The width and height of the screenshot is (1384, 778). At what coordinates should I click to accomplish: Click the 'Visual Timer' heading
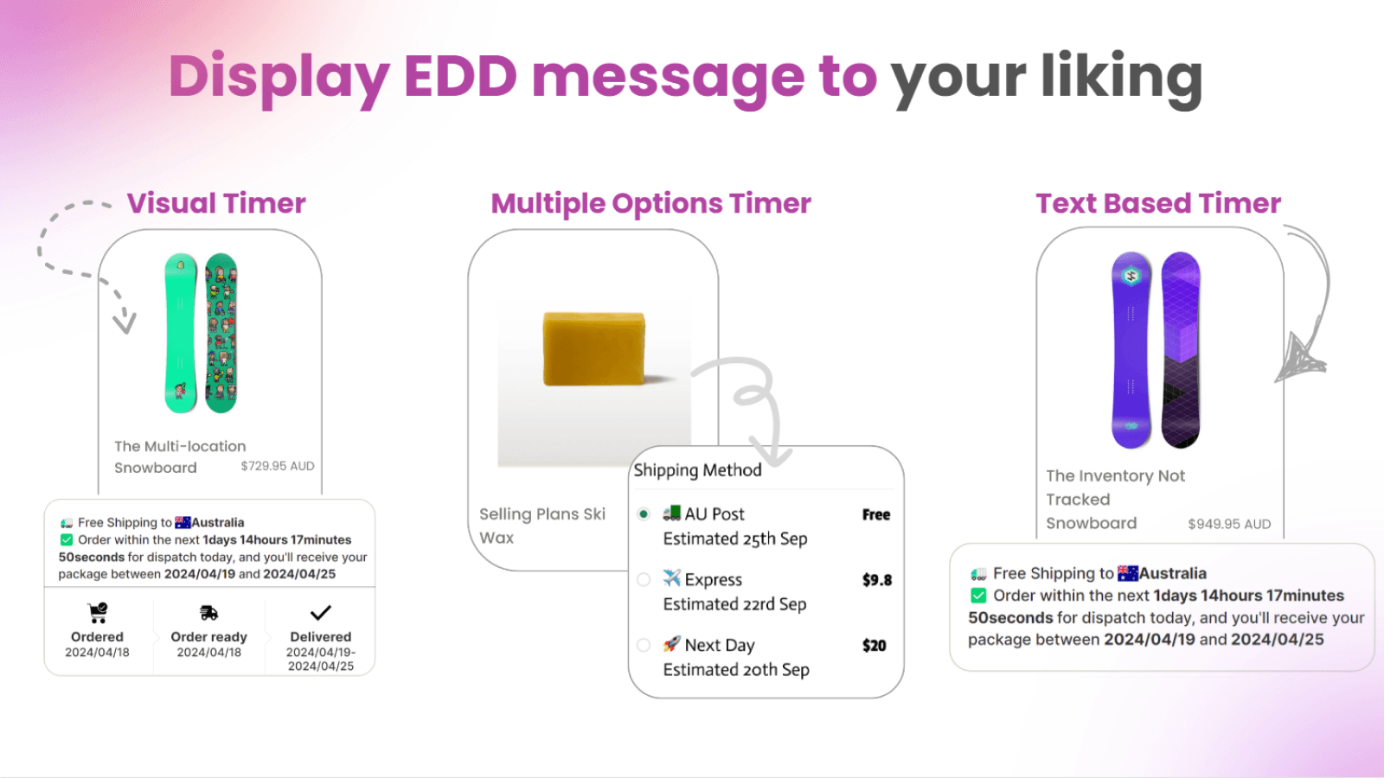pos(216,203)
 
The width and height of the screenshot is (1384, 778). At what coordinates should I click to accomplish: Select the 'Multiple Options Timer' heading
pos(650,203)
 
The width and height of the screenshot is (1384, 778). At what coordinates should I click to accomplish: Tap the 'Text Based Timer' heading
pos(1158,203)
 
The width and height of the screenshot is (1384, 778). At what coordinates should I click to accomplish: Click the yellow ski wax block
pos(594,348)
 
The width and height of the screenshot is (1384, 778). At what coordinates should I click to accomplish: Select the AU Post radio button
pos(644,514)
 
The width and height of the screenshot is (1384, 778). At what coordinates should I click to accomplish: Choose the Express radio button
pos(644,580)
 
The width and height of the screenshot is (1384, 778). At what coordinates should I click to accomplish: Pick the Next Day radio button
pos(644,645)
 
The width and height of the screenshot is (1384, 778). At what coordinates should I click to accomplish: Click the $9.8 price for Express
pos(876,580)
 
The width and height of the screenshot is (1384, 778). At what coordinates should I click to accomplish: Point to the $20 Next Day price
pos(874,646)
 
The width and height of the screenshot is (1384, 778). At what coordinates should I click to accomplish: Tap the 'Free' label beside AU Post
pos(875,514)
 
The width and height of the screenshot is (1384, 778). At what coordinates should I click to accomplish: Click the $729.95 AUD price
pos(278,466)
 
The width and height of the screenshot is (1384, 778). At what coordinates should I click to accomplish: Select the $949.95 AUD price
pos(1229,524)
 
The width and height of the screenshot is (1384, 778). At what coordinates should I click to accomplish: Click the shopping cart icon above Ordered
pos(98,613)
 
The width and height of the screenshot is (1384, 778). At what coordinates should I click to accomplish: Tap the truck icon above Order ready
pos(208,613)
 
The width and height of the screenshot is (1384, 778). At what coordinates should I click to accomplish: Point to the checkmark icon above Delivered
pos(321,613)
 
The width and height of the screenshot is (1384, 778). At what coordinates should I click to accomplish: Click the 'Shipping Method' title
pos(697,470)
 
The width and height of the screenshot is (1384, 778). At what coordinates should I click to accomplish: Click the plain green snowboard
pos(181,333)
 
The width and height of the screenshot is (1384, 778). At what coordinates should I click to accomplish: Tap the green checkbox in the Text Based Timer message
pos(978,596)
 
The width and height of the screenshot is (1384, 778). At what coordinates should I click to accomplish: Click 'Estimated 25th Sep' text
pos(735,539)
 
